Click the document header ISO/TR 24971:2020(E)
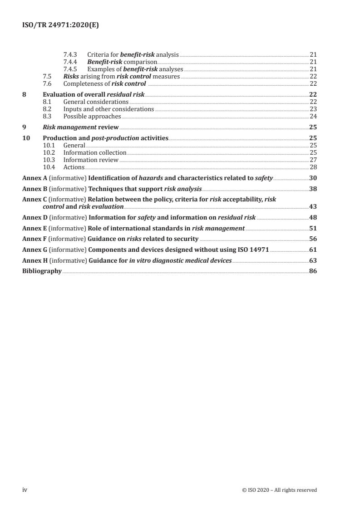pos(60,26)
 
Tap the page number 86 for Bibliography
pos(313,271)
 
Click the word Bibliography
pos(42,271)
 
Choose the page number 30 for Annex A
pos(313,178)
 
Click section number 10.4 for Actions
pos(49,167)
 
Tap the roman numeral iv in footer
pos(25,490)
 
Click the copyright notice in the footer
pos(280,490)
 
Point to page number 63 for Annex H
pos(313,260)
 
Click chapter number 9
pos(24,127)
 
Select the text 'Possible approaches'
pos(92,116)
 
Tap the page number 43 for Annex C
pos(313,206)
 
